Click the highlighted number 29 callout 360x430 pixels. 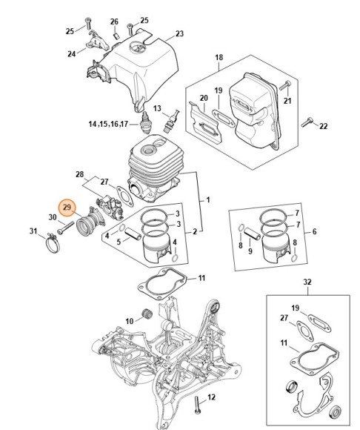point(67,208)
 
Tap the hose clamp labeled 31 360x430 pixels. point(53,242)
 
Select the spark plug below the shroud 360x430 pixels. point(145,123)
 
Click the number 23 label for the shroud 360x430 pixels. point(179,33)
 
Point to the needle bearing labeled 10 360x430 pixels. point(148,312)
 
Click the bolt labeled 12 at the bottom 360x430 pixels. point(197,406)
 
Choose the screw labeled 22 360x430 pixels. point(307,122)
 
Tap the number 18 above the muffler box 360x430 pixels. point(219,57)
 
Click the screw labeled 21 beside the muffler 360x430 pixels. point(285,85)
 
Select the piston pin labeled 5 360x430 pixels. point(133,235)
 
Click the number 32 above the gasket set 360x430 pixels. point(307,282)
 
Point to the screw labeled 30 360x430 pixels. point(66,228)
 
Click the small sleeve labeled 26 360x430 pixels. point(116,36)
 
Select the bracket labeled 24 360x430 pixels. point(97,41)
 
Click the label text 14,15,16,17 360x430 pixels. point(108,124)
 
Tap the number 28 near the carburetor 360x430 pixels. point(79,174)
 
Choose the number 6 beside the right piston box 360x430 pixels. point(314,232)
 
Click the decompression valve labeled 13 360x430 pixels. point(171,121)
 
